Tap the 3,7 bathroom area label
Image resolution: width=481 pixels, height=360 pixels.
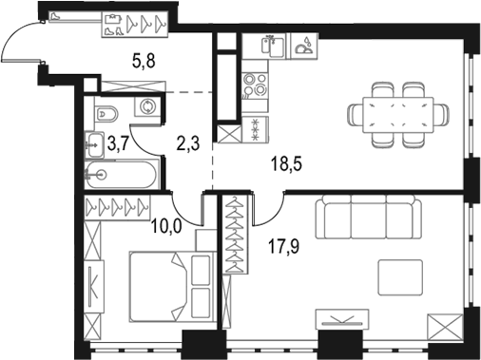(116, 144)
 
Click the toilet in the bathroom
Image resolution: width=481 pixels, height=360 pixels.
(108, 115)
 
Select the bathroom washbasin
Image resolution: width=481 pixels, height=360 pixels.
(96, 144)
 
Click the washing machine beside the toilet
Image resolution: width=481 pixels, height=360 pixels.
(148, 107)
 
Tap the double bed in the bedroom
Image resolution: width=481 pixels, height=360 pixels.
(162, 285)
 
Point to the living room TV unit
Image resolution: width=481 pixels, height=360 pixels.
(344, 320)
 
